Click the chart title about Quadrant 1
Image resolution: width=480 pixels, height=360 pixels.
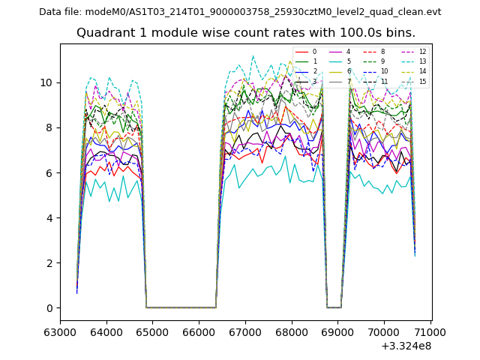coord(245,33)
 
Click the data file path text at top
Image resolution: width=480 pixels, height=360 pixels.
coord(240,12)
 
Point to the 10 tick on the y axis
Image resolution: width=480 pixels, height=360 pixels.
coord(49,82)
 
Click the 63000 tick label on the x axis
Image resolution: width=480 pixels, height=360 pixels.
coord(60,331)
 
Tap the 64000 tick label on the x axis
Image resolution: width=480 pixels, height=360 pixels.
coord(106,331)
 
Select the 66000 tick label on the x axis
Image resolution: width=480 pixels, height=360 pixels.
coord(199,331)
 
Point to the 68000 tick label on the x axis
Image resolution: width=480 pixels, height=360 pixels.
coord(291,331)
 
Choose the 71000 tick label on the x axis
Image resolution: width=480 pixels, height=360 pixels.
coord(430,331)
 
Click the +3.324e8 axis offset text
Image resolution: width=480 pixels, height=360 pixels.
coord(405,345)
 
